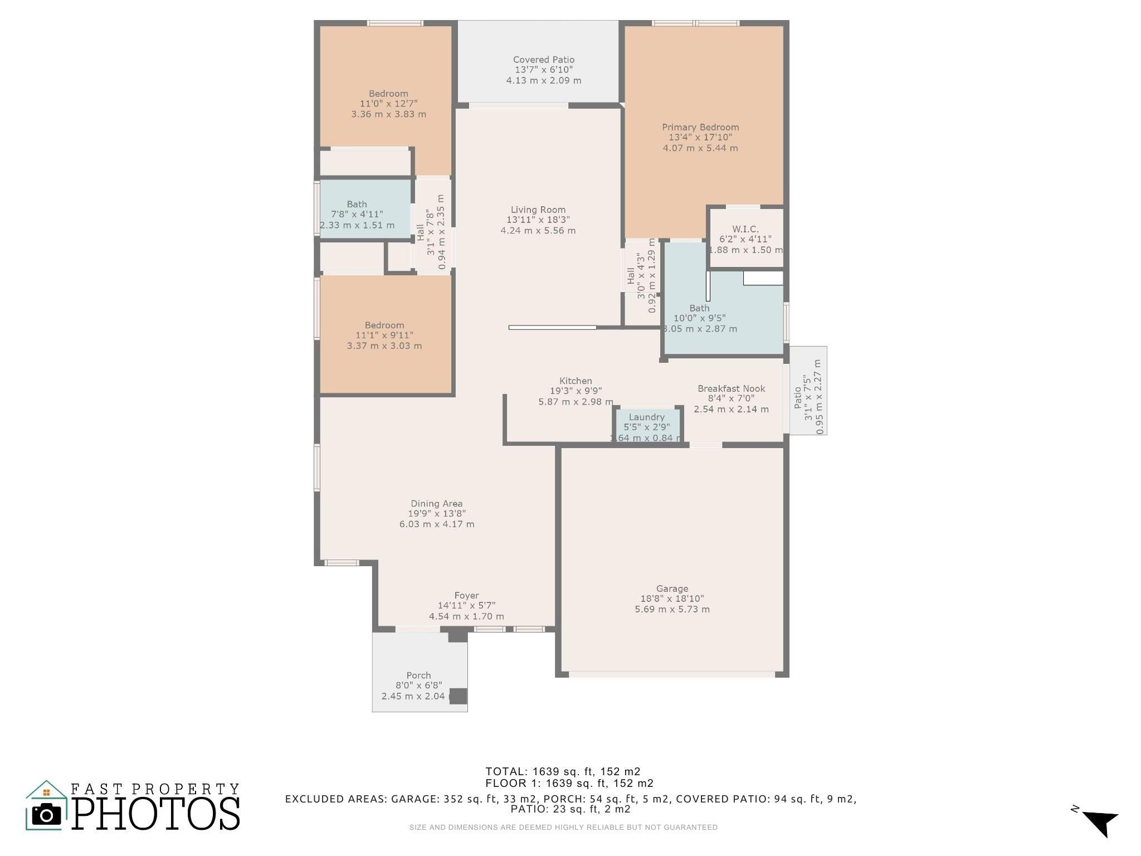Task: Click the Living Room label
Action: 538,210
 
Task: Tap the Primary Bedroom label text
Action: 700,127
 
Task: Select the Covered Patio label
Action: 544,60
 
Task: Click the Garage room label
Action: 672,588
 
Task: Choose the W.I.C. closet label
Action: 745,229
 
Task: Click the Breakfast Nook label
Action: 732,388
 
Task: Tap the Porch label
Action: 418,675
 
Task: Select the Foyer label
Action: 466,596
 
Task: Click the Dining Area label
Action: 437,504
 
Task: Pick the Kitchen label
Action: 576,381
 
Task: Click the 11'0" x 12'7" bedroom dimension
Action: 388,104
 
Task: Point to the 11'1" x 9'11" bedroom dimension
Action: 384,335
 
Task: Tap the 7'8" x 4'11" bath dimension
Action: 357,215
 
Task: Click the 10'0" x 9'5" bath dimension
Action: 700,318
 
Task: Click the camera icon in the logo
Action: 46,815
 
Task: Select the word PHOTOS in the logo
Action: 156,814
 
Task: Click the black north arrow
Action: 1100,823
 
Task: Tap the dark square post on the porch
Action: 458,696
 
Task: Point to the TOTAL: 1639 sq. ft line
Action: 563,771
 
